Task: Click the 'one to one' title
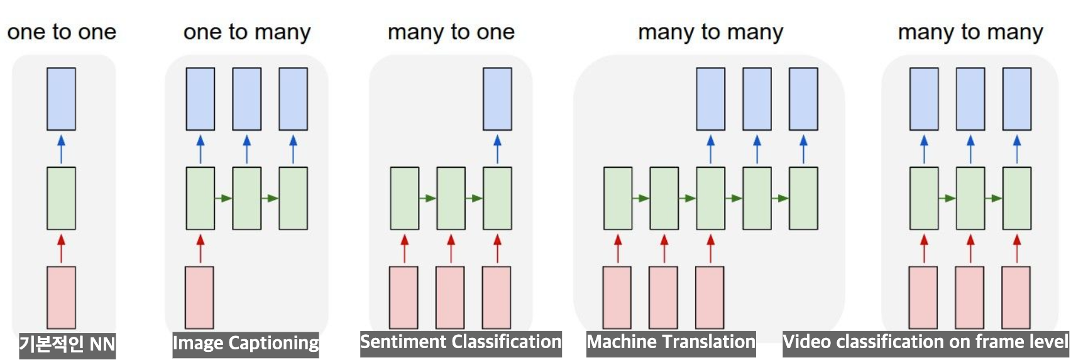point(62,32)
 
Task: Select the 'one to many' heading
point(247,32)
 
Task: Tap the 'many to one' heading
point(451,32)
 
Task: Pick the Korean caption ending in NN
point(67,344)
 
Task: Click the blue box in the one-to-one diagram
point(61,99)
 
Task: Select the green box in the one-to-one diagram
point(61,198)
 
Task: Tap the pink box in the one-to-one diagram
point(61,297)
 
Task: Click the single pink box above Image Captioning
point(199,297)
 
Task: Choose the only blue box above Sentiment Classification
point(497,99)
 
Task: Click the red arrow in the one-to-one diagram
point(61,248)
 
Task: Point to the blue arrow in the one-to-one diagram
point(61,148)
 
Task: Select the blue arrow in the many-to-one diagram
point(497,148)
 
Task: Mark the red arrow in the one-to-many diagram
point(200,248)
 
